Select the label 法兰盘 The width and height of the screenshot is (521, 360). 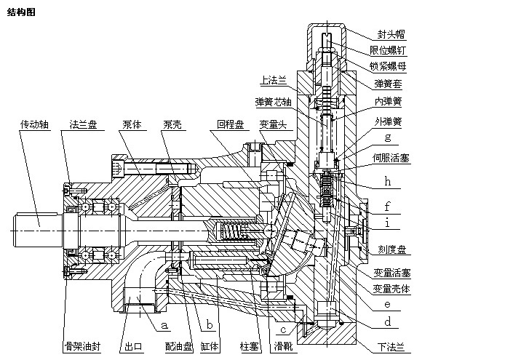click(82, 124)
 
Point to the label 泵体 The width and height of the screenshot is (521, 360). click(131, 124)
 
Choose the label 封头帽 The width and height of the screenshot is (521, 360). click(391, 33)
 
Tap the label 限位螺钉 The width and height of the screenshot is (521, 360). click(388, 50)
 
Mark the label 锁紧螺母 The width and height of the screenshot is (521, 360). click(388, 67)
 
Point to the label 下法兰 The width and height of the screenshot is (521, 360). click(392, 348)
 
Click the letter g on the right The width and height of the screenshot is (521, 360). click(388, 137)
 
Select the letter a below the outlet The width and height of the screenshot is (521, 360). click(164, 327)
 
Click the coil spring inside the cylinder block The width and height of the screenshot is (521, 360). click(232, 233)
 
